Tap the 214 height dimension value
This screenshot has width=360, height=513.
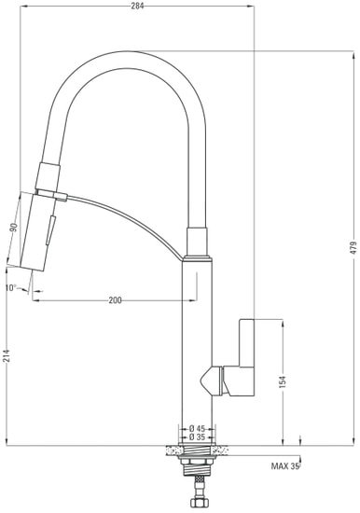(8, 354)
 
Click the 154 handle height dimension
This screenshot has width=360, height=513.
(281, 381)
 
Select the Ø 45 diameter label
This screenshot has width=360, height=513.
(196, 429)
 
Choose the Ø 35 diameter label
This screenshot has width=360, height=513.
(196, 437)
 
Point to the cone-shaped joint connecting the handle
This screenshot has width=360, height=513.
(214, 380)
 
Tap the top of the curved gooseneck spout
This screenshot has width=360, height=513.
(121, 54)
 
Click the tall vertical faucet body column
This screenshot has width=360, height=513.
(196, 354)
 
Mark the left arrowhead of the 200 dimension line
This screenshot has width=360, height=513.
(35, 300)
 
